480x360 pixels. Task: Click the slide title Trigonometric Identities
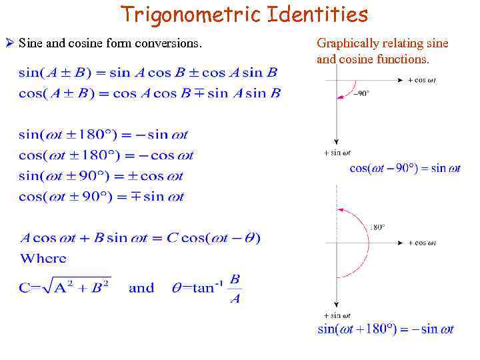[244, 14]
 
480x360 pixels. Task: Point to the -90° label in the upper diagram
[362, 93]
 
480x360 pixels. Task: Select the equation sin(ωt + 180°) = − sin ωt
[386, 329]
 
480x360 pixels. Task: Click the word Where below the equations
[43, 258]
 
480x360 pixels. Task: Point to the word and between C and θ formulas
[141, 288]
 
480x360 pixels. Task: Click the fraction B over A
[235, 289]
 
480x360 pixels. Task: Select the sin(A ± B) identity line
[148, 73]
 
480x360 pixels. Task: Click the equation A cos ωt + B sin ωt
[140, 237]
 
